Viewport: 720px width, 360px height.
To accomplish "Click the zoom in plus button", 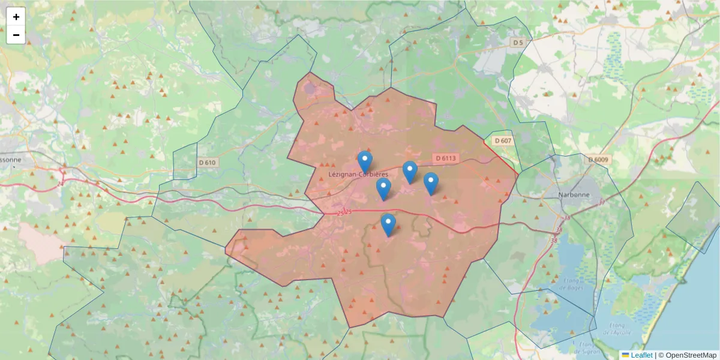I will pos(16,17).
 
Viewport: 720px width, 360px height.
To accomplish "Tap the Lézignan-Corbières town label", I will pos(358,174).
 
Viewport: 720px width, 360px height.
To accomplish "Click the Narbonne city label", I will pos(574,195).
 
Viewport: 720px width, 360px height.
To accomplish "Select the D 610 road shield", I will pos(207,163).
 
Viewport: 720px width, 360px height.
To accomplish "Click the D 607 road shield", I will pos(503,140).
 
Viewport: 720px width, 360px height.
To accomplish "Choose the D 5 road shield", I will pos(518,43).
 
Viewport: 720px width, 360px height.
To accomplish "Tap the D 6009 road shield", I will pos(598,160).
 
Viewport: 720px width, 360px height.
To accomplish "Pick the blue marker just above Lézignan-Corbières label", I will pos(365,161).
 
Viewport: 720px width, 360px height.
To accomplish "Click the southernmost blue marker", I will pos(388,224).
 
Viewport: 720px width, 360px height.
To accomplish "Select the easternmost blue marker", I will pos(431,183).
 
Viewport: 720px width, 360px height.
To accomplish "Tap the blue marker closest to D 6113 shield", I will pos(410,172).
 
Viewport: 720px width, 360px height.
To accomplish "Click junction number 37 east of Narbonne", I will pos(602,202).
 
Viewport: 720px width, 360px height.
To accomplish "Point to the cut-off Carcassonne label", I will pos(10,160).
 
